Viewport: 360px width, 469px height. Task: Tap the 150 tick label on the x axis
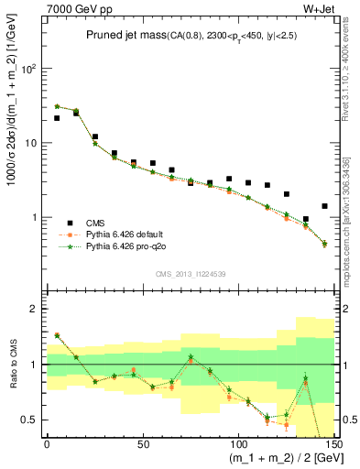[x=333, y=442]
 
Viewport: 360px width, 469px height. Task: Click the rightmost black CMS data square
[x=324, y=206]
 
